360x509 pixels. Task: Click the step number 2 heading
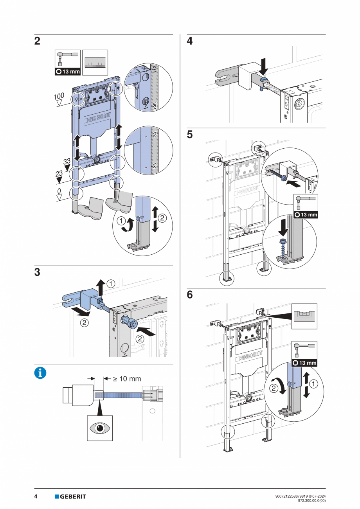pos(37,41)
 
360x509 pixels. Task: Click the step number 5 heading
pos(190,135)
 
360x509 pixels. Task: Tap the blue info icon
pos(40,373)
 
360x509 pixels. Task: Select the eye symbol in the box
pos(99,428)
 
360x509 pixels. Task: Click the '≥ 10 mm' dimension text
pos(127,378)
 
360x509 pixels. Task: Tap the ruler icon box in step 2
pos(95,63)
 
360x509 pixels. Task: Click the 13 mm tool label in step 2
pos(67,72)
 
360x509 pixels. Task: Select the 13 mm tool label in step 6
pos(304,363)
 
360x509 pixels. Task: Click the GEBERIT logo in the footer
pos(70,496)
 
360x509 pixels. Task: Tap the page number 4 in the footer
pos(36,496)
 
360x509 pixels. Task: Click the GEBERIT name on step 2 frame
pos(97,117)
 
